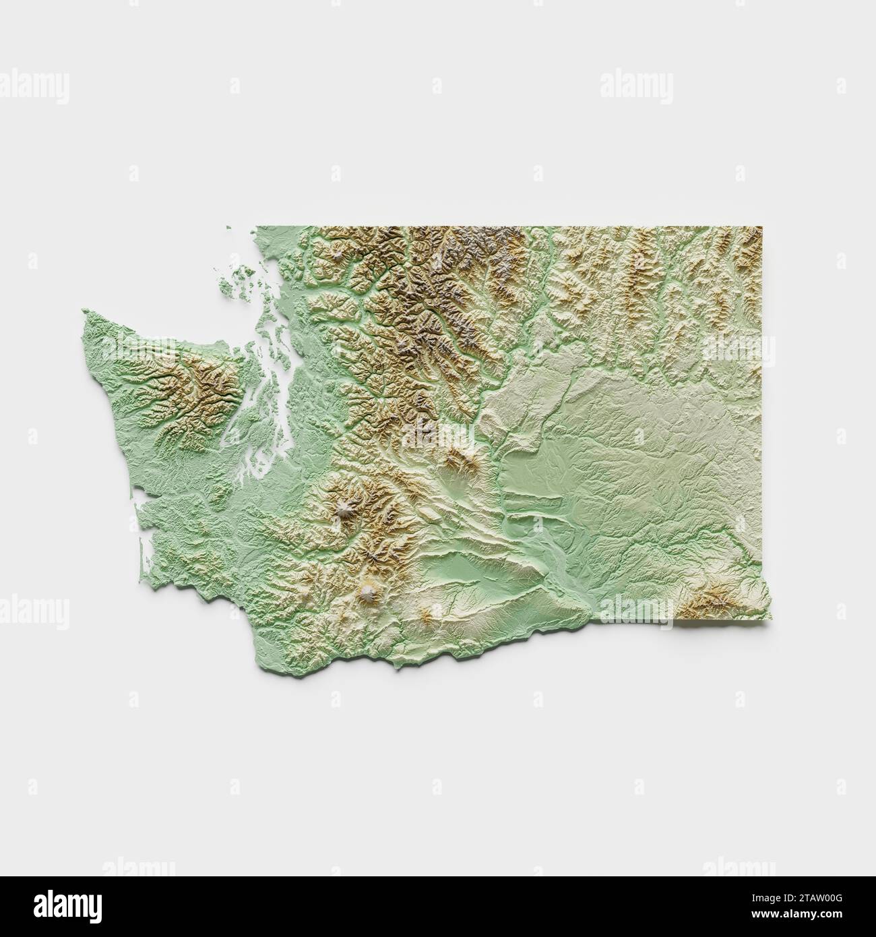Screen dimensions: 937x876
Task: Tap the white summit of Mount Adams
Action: click(x=368, y=593)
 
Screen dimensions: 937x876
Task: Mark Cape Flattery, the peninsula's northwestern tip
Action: click(x=85, y=311)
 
